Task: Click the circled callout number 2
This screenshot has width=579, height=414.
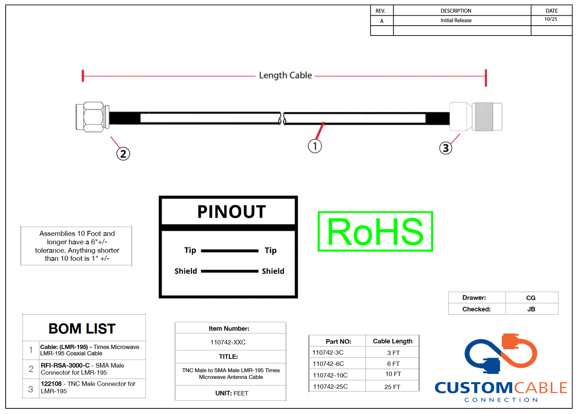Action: (x=123, y=154)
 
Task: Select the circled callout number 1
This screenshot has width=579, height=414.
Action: (x=315, y=146)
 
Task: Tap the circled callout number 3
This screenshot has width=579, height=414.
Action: (x=446, y=148)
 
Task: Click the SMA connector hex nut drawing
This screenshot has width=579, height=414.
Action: (x=94, y=117)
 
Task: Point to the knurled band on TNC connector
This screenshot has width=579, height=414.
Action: (x=484, y=116)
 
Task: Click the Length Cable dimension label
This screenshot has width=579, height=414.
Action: (x=285, y=75)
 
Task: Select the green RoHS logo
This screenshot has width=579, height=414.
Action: (x=375, y=231)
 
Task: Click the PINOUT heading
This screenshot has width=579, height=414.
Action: (x=232, y=212)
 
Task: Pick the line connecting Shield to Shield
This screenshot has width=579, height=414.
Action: (x=230, y=271)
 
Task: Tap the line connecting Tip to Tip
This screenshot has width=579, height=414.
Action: (x=230, y=251)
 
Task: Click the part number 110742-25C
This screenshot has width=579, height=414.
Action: (x=330, y=386)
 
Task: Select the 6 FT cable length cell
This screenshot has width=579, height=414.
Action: (x=393, y=364)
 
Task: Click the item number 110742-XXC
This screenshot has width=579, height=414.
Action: (x=228, y=342)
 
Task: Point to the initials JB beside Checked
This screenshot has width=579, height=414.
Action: (x=531, y=309)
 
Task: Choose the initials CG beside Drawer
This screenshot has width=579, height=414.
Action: (x=531, y=298)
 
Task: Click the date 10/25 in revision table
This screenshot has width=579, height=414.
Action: (x=551, y=19)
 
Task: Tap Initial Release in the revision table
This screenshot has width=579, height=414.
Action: (x=456, y=20)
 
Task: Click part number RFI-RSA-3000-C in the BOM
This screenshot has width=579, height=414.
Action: (x=65, y=366)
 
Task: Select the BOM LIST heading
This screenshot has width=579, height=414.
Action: (x=82, y=328)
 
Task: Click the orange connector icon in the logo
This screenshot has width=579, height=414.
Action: (x=510, y=341)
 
